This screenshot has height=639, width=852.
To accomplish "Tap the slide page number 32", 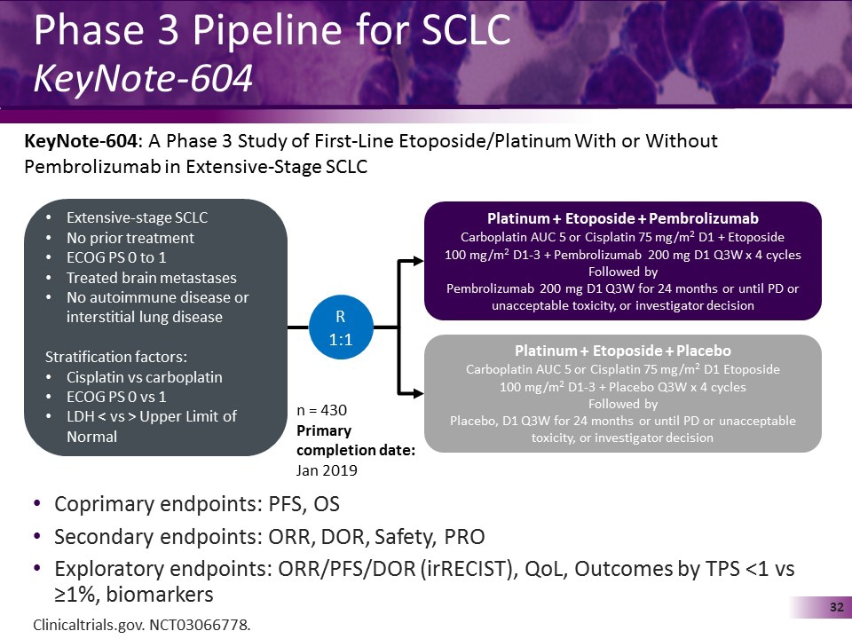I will point(835,607).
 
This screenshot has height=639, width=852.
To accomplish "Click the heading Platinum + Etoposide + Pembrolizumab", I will point(623,218).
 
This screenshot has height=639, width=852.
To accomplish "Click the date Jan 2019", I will point(327,470).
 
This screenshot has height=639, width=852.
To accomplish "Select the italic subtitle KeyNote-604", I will point(143,79).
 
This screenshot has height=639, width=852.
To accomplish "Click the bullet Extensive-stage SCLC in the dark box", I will point(137,218).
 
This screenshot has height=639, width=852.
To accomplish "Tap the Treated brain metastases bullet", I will point(152,277).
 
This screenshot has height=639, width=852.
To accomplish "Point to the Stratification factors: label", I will point(116,357).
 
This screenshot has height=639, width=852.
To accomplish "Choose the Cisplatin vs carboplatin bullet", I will point(145,377).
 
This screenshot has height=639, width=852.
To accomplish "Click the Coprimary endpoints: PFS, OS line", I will point(196,504).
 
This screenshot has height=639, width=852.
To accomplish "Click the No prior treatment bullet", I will point(130,238).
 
